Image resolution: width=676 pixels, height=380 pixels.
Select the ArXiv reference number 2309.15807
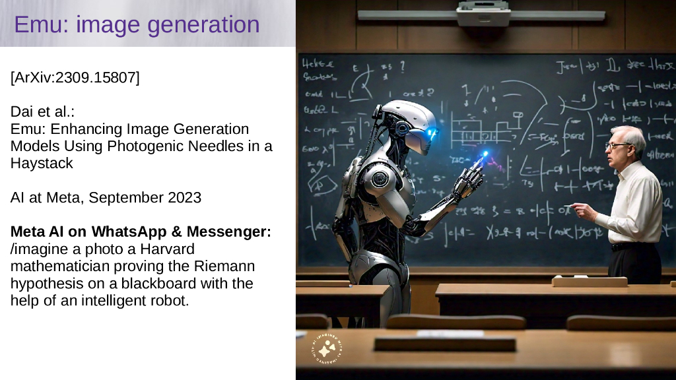point(96,78)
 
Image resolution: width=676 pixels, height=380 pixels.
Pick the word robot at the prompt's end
point(168,301)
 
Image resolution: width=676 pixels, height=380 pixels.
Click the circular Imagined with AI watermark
point(328,349)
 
